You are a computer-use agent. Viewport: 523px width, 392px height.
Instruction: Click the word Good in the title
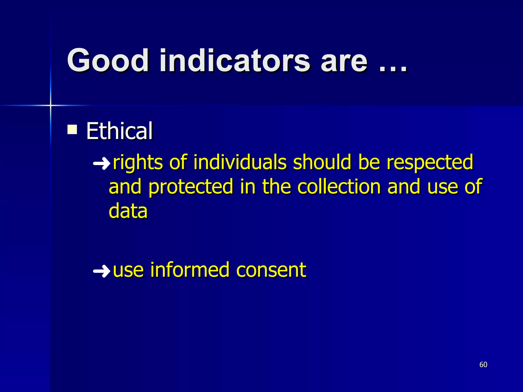coord(108,61)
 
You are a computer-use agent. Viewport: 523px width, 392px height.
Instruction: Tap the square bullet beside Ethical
coord(72,129)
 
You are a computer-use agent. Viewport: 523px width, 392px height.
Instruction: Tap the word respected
coord(430,163)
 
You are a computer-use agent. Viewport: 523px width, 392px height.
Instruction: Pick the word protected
coord(191,187)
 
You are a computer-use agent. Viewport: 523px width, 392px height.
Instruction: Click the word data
coord(128,211)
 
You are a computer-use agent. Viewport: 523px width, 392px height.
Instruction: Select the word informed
coord(190,270)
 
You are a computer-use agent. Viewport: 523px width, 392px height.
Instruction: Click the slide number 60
coord(483,365)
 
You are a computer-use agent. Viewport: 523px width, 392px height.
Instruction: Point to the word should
coord(322,162)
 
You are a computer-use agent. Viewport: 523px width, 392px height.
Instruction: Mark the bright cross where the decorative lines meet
coord(51,105)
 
